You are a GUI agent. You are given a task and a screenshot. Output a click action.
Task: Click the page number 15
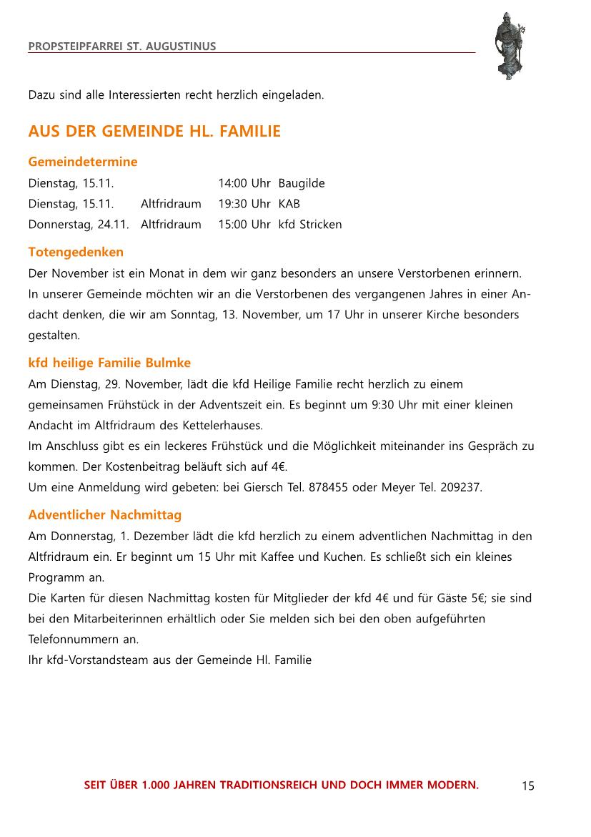coord(527,786)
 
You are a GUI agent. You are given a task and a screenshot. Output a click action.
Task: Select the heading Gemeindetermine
coord(83,162)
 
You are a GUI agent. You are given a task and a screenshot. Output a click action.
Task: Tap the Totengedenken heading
coord(76,252)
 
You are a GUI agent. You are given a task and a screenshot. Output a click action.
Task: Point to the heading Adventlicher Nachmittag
coord(105,514)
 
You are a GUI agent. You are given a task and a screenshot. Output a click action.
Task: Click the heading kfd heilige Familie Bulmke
coord(109,363)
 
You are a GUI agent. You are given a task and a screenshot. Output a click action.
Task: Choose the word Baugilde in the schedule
coord(302,183)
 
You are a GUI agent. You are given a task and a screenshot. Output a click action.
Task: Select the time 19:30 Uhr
coord(244,204)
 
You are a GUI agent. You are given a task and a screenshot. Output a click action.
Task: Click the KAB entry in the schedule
coord(289,204)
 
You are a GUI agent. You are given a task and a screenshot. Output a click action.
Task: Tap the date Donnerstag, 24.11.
coord(79,225)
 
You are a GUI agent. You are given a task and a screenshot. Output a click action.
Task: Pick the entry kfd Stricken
coord(310,225)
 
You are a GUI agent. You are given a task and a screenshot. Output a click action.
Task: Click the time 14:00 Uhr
coord(244,183)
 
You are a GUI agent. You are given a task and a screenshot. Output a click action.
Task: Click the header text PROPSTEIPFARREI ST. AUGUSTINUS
coord(122,46)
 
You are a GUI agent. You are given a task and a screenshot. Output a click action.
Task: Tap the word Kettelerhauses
coord(223,425)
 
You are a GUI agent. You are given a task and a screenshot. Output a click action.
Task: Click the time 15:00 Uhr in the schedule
coord(244,225)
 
